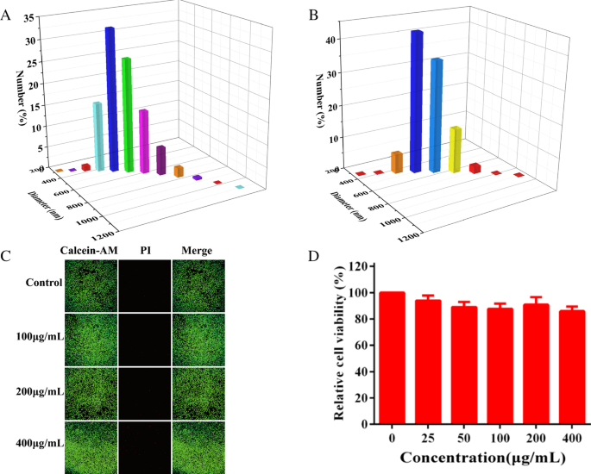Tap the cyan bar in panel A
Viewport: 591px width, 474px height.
point(97,137)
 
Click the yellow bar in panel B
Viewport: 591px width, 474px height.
point(455,149)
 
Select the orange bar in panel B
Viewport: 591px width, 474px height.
point(397,162)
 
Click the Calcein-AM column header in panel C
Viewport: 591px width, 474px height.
point(89,251)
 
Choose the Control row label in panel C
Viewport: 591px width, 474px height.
point(43,283)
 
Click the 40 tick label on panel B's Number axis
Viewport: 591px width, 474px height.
point(331,40)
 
